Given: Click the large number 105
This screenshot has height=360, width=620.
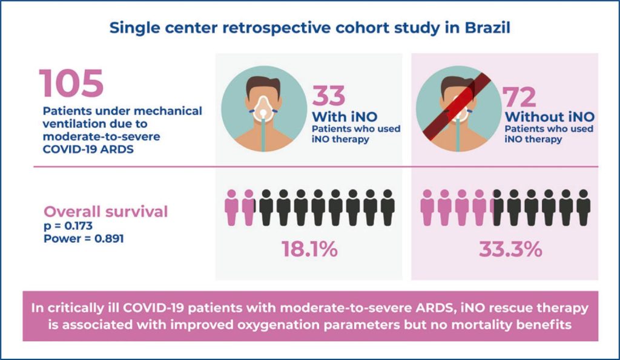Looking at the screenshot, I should (71, 84).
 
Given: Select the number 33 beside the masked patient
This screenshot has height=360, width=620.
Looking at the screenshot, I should (329, 96).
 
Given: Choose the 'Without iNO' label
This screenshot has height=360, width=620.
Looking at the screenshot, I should (550, 116).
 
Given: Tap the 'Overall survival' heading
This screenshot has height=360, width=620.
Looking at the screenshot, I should (106, 212).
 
